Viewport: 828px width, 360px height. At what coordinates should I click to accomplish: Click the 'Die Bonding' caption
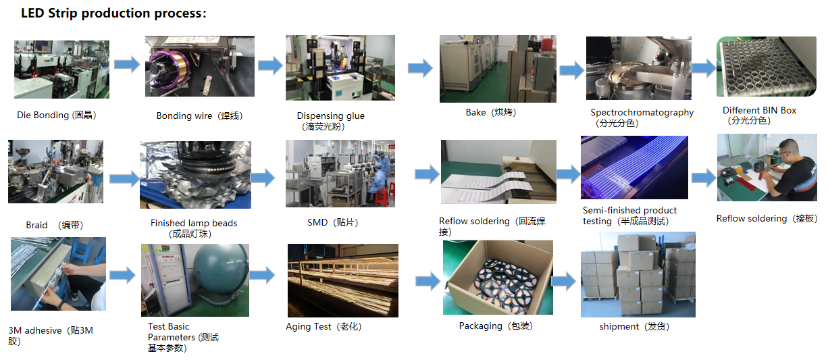click(x=57, y=115)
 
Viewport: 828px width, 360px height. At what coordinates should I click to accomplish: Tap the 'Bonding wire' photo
click(x=199, y=66)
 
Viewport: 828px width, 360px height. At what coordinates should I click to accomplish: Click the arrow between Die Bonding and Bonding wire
click(x=126, y=65)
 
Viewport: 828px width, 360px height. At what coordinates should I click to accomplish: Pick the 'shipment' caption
click(x=633, y=327)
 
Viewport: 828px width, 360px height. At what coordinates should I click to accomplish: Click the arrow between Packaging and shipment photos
click(x=563, y=280)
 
